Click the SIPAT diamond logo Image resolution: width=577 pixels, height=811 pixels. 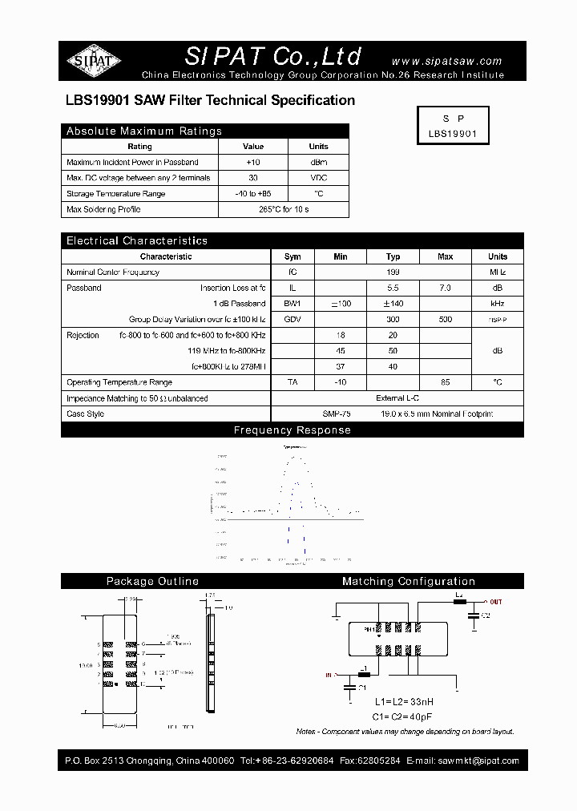pyautogui.click(x=94, y=60)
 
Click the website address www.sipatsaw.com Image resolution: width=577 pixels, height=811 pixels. pyautogui.click(x=446, y=61)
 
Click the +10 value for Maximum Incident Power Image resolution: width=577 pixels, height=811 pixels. pyautogui.click(x=253, y=162)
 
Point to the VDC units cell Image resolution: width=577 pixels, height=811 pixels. pyautogui.click(x=318, y=178)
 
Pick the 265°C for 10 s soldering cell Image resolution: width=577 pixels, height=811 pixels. pyautogui.click(x=284, y=209)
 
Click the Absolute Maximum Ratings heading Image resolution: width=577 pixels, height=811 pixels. pyautogui.click(x=144, y=131)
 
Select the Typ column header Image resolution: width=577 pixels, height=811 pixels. pyautogui.click(x=393, y=256)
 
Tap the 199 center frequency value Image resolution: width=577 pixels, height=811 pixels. pyautogui.click(x=393, y=272)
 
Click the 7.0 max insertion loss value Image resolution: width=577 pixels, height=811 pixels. pyautogui.click(x=446, y=288)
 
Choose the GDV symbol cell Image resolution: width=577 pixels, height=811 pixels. pyautogui.click(x=293, y=319)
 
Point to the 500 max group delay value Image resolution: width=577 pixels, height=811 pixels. pyautogui.click(x=446, y=319)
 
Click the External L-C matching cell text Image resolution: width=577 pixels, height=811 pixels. pyautogui.click(x=397, y=398)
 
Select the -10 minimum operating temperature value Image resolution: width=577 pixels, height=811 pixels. pyautogui.click(x=341, y=382)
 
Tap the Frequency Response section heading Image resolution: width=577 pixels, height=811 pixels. pyautogui.click(x=292, y=430)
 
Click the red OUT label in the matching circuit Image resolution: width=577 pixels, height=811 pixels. pyautogui.click(x=496, y=602)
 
